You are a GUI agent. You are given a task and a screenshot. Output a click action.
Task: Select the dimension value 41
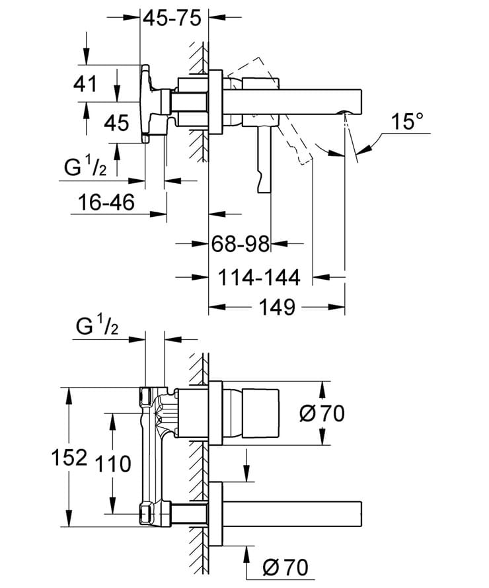[85, 84]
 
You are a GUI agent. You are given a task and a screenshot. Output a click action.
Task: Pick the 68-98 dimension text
[241, 244]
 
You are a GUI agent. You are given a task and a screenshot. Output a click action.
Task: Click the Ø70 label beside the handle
[322, 414]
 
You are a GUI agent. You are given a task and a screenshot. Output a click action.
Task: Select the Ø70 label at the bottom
[285, 567]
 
